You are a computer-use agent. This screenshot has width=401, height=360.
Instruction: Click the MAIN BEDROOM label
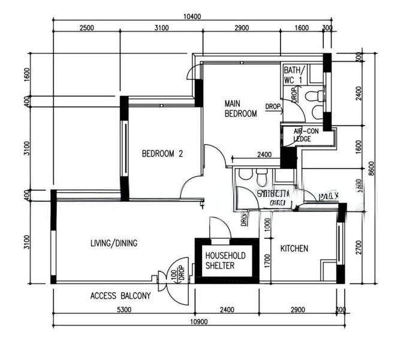240,109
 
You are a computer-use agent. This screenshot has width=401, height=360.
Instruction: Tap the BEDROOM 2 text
162,154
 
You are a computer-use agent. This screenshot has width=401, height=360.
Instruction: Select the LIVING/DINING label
114,243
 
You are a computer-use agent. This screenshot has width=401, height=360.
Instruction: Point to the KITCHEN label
294,248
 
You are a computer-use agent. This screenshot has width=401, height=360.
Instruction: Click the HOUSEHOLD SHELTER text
225,260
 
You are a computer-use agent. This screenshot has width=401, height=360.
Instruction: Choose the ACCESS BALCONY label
120,296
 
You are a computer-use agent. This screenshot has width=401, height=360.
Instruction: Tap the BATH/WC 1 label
294,74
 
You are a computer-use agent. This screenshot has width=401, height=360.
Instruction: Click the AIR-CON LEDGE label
306,134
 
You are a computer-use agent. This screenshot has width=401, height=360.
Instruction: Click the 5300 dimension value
123,310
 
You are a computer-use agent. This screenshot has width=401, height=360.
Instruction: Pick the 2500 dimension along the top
86,28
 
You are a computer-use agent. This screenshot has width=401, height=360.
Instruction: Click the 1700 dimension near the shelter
267,259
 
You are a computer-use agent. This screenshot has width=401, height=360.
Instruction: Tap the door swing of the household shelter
219,228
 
